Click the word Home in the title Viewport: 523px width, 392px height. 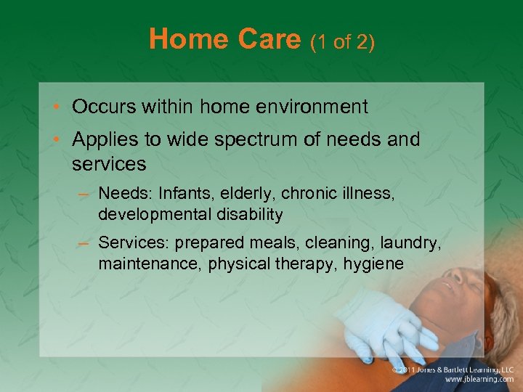185,39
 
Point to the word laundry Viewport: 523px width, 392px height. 413,242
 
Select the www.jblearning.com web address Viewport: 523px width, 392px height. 479,379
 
